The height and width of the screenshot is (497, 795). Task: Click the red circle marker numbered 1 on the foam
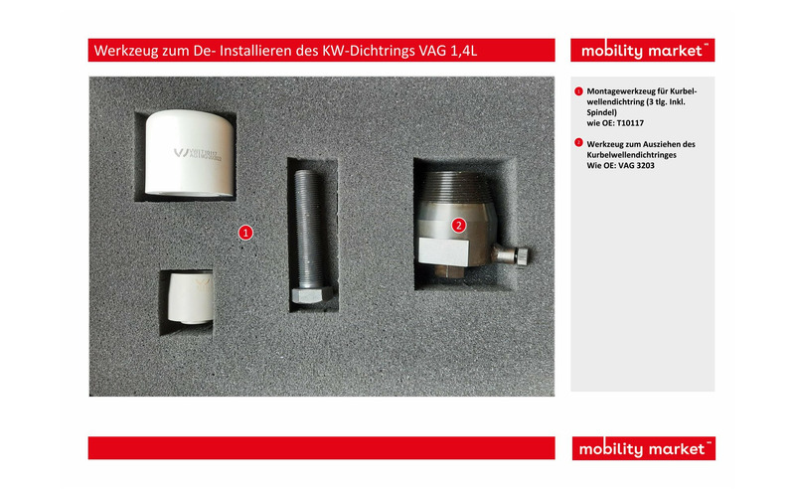tap(245, 232)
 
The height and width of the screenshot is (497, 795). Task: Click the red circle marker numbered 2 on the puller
tap(458, 225)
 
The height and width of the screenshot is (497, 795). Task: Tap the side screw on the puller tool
tap(515, 256)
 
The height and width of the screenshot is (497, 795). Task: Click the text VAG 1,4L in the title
tap(452, 51)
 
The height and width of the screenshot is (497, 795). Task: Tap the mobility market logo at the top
tap(643, 51)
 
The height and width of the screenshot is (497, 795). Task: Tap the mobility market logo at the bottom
tap(643, 448)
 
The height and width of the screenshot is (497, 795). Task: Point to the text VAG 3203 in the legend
tap(628, 165)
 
